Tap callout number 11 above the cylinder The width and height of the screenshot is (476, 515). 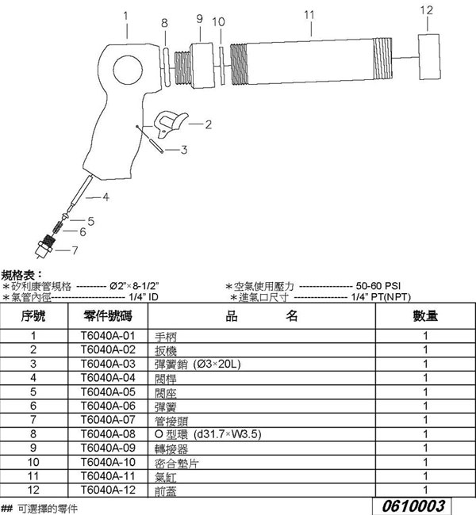(x=309, y=14)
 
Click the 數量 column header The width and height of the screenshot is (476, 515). (x=425, y=316)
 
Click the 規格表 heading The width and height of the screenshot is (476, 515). (x=17, y=274)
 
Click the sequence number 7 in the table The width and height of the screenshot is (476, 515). (x=33, y=420)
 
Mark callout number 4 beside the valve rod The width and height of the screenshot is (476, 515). (x=104, y=196)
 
